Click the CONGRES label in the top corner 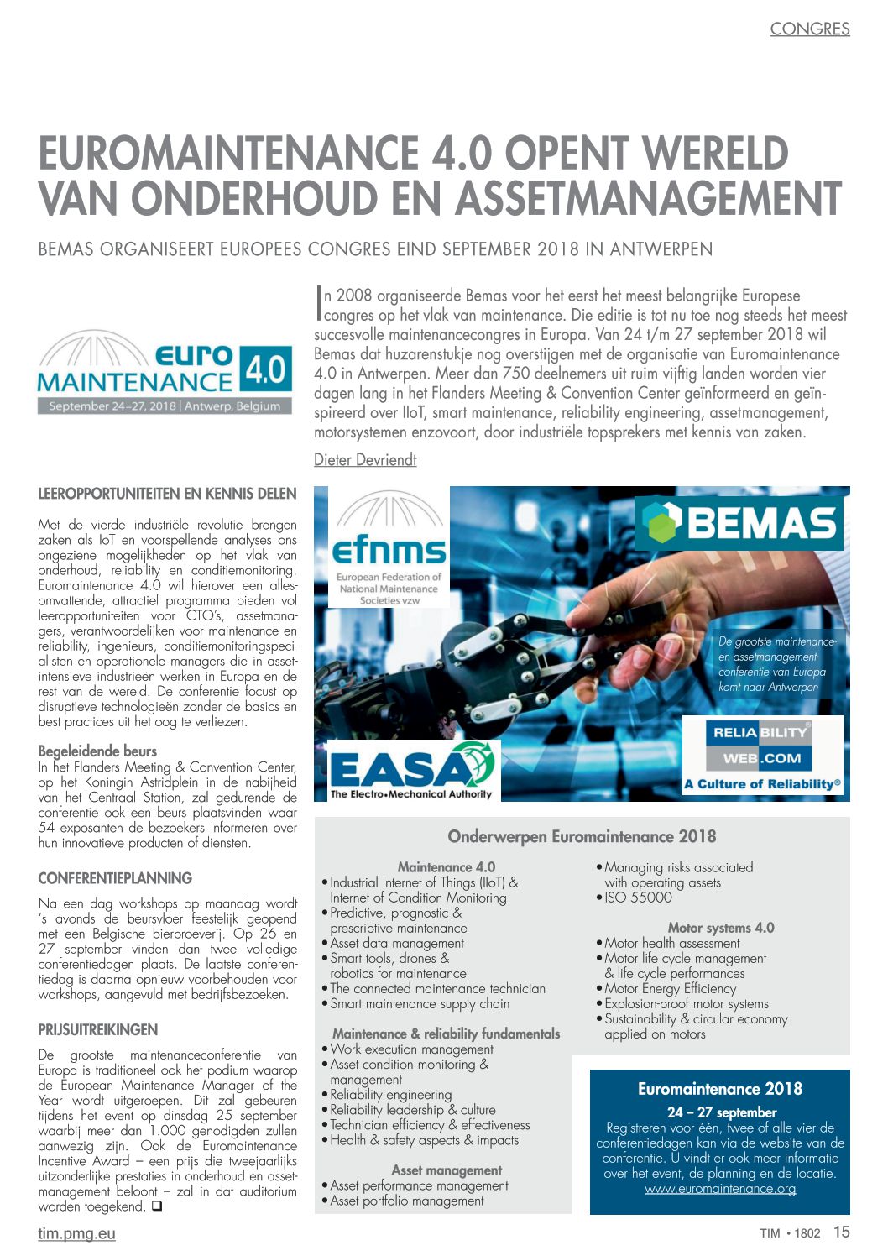809,29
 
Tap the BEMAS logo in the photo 739,523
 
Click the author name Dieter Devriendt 365,460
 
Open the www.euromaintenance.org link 720,1189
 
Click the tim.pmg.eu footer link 76,1233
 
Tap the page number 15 841,1232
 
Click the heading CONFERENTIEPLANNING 115,878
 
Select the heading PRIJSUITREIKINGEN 97,1029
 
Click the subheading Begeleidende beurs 97,751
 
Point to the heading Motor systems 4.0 721,928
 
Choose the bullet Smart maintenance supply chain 420,1003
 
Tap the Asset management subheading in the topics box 447,1170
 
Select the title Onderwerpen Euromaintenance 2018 582,836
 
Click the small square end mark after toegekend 157,1207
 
